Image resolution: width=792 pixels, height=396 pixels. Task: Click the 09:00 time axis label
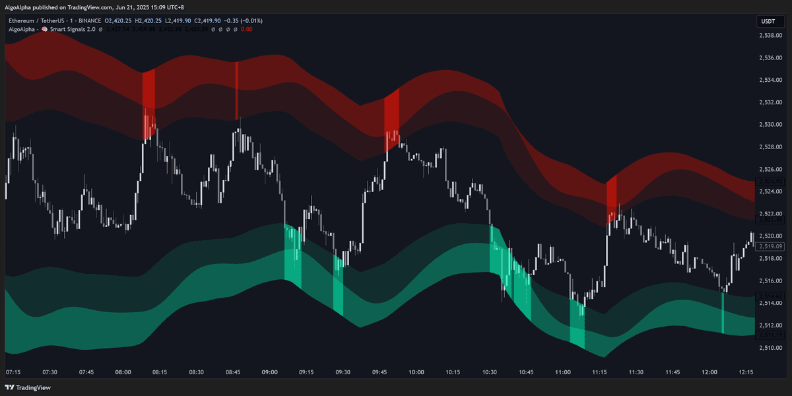tap(269, 372)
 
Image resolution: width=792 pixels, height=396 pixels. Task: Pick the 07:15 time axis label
tap(13, 372)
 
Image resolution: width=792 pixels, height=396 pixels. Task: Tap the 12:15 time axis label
tap(746, 372)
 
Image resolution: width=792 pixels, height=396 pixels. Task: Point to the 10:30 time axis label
tap(489, 372)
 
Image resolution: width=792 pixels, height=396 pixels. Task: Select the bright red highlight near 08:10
tap(148, 104)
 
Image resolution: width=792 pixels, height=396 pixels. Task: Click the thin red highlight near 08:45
tap(236, 91)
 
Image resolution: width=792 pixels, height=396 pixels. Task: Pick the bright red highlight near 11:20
tap(612, 198)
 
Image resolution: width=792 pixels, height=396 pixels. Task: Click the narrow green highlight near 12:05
tap(723, 313)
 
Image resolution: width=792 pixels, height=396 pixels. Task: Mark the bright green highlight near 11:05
tap(577, 323)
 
